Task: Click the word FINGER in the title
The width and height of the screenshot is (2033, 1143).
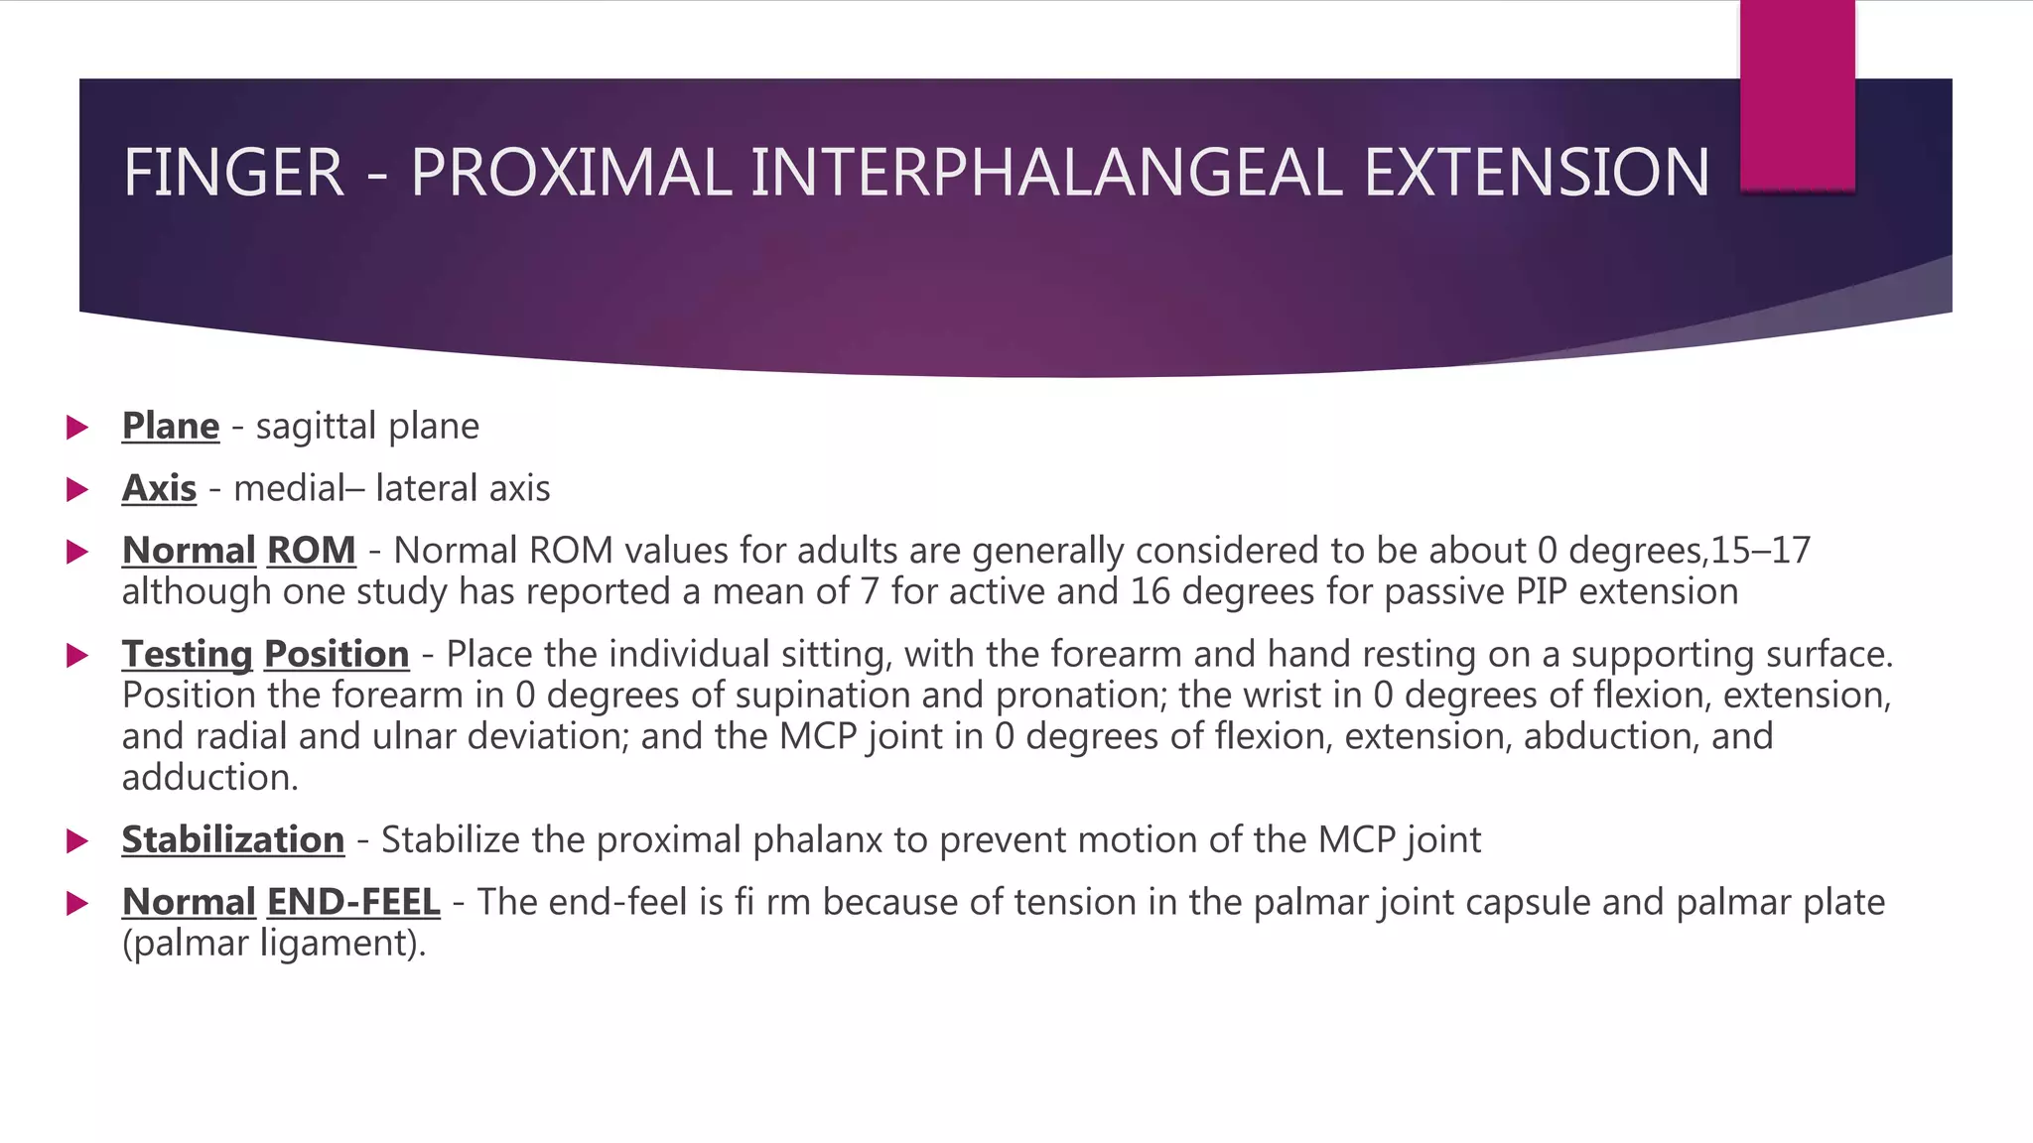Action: [x=233, y=173]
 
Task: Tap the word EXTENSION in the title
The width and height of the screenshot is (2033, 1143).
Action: [x=1536, y=173]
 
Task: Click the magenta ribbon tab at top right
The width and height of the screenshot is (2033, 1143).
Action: [x=1797, y=94]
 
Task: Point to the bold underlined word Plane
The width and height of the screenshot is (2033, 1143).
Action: [x=171, y=427]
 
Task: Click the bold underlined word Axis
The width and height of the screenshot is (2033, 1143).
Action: [x=159, y=489]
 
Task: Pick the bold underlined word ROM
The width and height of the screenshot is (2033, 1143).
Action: [x=311, y=551]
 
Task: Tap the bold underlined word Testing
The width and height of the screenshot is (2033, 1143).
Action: [x=188, y=655]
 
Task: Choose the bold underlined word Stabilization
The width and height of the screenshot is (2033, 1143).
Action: [x=233, y=840]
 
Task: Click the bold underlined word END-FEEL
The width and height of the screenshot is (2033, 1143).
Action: [x=353, y=903]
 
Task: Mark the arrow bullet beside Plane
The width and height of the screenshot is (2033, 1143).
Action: [x=76, y=428]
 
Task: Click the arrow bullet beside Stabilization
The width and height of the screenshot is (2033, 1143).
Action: [x=76, y=841]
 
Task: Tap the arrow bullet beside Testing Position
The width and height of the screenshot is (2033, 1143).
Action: [x=76, y=655]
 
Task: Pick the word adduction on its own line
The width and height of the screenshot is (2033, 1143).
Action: [x=208, y=778]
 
